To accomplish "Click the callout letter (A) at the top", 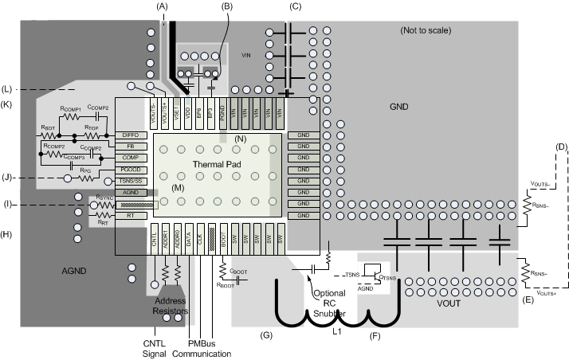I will point(163,6).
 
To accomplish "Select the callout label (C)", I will point(296,6).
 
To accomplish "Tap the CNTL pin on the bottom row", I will point(155,240).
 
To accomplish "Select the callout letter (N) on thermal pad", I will point(241,139).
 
